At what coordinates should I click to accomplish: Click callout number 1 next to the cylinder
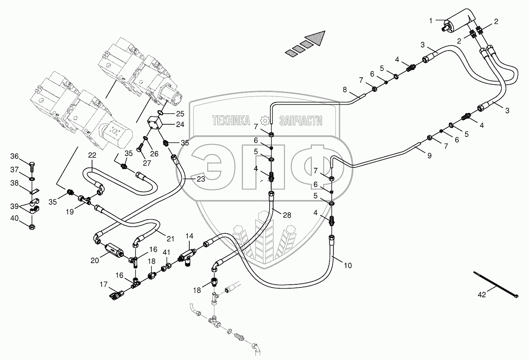431,20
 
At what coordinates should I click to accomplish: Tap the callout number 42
482,295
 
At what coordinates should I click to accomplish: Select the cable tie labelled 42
496,285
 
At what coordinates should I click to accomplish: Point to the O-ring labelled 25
160,113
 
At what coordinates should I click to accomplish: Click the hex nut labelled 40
32,226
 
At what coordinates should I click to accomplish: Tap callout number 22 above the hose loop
92,155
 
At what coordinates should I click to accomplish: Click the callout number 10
348,265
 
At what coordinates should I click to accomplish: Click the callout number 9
429,156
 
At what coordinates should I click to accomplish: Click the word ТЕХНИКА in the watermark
231,121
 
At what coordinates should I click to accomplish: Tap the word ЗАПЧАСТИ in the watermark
301,121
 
